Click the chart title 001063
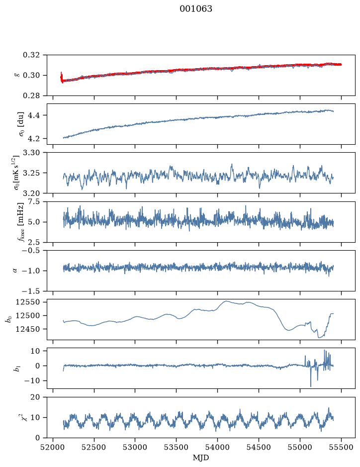coord(195,9)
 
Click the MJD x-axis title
coord(200,458)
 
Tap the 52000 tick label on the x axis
coord(53,447)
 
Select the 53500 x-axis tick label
coord(177,447)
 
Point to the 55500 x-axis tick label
coord(341,447)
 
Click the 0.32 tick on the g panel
coord(31,55)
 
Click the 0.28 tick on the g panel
coord(31,95)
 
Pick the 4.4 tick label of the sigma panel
coord(34,115)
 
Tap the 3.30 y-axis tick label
coord(31,153)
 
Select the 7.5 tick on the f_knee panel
coord(34,201)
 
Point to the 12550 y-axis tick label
coord(28,302)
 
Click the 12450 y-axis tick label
coord(28,329)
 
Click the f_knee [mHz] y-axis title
coord(20,222)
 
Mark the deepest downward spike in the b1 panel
coord(311,386)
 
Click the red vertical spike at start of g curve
coord(61,77)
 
